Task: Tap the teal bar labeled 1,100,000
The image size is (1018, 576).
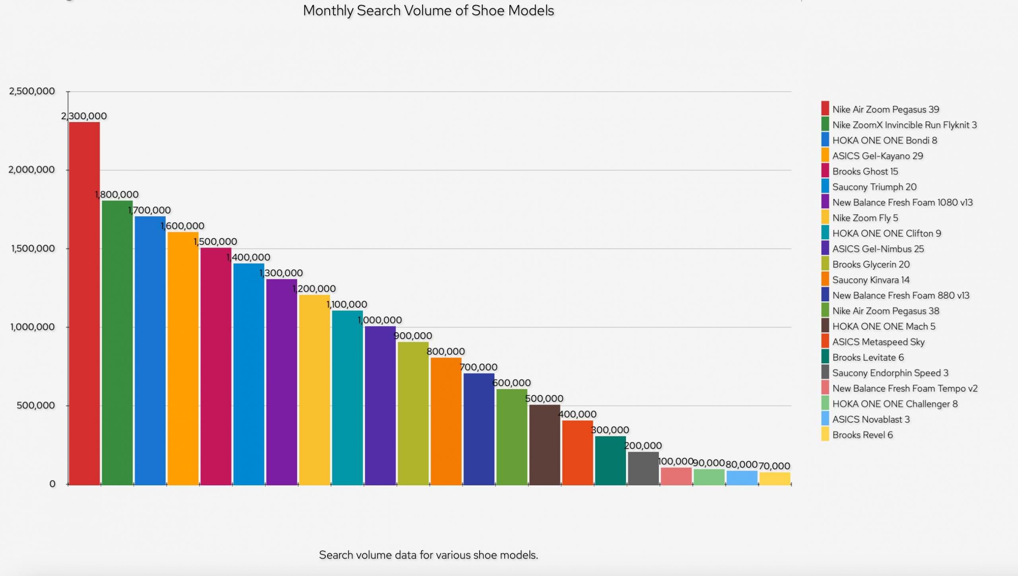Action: [347, 398]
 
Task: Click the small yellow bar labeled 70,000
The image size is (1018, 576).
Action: [775, 479]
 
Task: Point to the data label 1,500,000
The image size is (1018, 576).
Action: [215, 242]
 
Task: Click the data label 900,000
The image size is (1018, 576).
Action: [413, 336]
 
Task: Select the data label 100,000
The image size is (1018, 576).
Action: [676, 462]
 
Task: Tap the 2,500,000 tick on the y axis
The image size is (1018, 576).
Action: [32, 91]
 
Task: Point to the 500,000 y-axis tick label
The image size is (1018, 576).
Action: [36, 405]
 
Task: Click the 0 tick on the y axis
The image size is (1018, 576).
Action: [52, 484]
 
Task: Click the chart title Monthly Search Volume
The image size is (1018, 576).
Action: [428, 11]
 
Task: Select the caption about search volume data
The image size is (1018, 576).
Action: [428, 555]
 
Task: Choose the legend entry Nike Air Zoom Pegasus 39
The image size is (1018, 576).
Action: [886, 109]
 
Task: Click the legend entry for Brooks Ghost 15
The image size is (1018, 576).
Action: [865, 171]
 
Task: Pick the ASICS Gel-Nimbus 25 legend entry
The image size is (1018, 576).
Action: [878, 249]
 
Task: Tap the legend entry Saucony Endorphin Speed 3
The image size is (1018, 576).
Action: [890, 373]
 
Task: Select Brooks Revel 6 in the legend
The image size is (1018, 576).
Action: [862, 435]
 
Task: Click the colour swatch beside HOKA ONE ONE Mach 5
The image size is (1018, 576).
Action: [825, 326]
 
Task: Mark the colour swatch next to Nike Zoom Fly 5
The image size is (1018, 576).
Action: [825, 218]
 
